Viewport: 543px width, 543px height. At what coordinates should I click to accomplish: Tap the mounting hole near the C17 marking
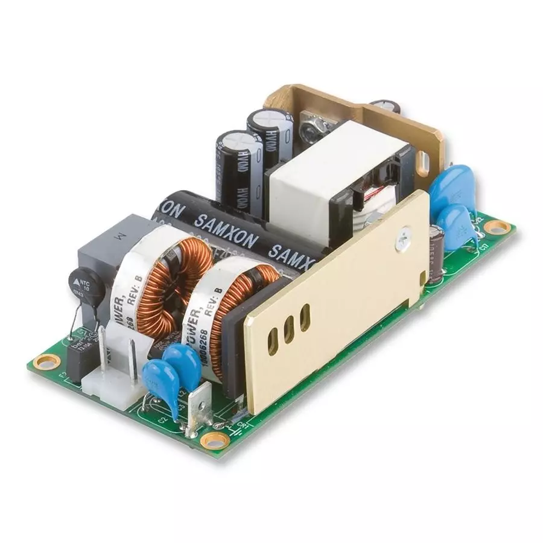click(498, 227)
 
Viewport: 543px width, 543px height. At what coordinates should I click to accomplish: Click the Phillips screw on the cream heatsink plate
click(402, 241)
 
